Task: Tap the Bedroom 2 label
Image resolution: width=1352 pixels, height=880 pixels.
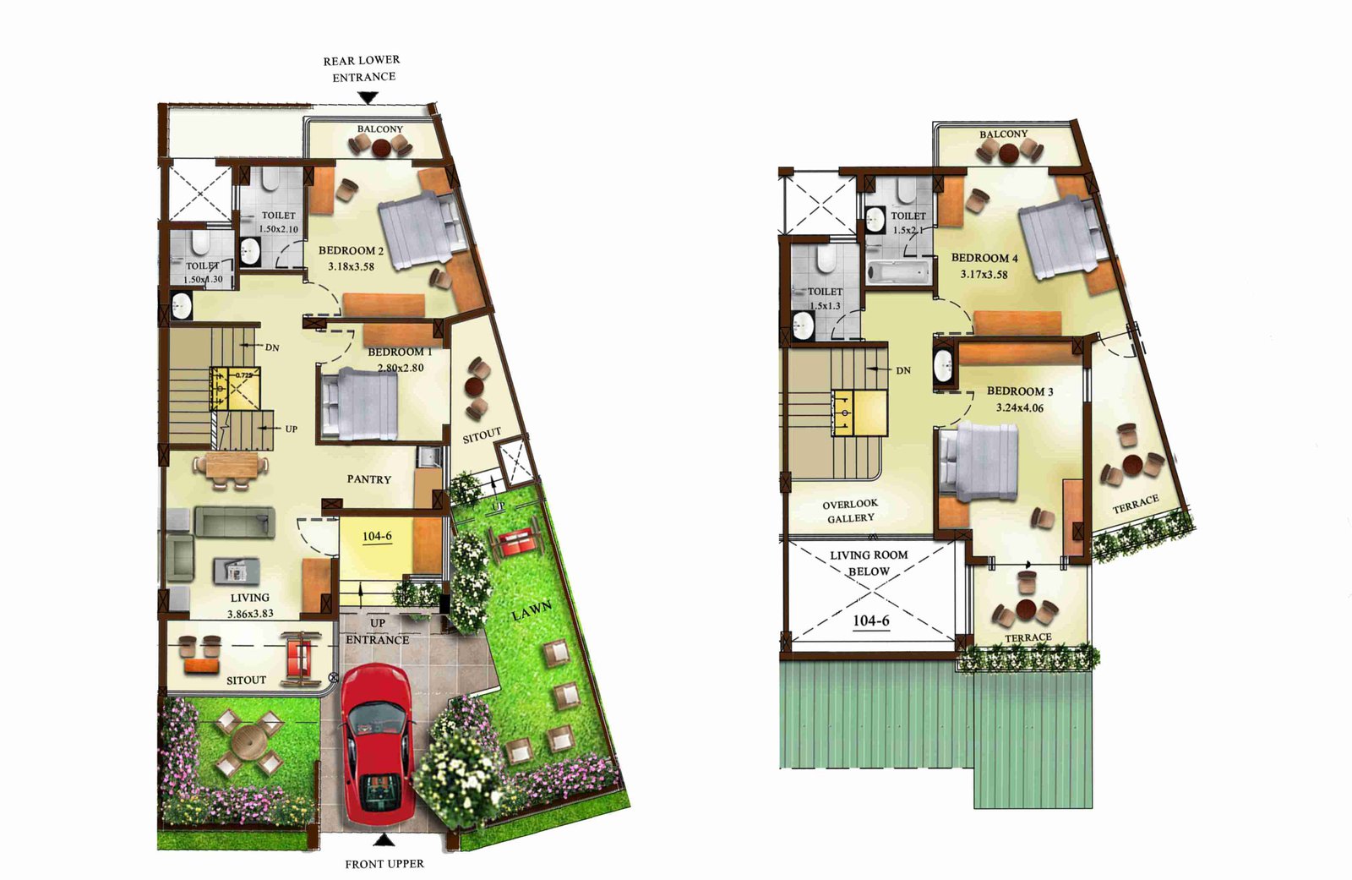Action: pyautogui.click(x=351, y=251)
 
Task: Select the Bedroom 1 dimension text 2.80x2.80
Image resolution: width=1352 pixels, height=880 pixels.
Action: pyautogui.click(x=401, y=367)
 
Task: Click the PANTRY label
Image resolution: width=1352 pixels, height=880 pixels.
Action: pyautogui.click(x=368, y=479)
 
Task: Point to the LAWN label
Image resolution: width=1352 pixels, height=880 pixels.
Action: pyautogui.click(x=532, y=610)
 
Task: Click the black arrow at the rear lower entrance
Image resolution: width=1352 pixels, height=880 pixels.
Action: pyautogui.click(x=368, y=97)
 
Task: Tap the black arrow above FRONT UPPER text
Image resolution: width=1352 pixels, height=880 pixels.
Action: pyautogui.click(x=384, y=840)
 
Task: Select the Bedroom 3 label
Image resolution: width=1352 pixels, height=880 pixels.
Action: pyautogui.click(x=1020, y=391)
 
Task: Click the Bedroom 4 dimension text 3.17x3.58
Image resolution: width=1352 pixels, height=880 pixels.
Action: pyautogui.click(x=984, y=274)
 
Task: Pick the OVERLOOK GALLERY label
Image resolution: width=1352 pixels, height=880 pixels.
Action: pyautogui.click(x=850, y=511)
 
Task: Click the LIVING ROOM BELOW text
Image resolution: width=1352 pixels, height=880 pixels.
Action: pyautogui.click(x=870, y=563)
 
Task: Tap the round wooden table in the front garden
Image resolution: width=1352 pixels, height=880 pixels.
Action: pyautogui.click(x=248, y=743)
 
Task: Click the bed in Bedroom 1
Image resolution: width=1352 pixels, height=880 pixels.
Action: pyautogui.click(x=359, y=403)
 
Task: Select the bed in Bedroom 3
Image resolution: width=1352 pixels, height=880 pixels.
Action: pyautogui.click(x=978, y=462)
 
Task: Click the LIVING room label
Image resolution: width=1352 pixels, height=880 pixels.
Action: pyautogui.click(x=250, y=598)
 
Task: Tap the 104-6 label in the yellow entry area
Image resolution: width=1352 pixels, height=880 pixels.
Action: pyautogui.click(x=377, y=536)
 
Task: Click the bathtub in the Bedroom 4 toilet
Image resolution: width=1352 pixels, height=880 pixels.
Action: pyautogui.click(x=898, y=272)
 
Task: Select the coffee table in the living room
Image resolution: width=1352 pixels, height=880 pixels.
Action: pyautogui.click(x=237, y=571)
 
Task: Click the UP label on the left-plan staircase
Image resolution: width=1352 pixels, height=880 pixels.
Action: pyautogui.click(x=291, y=429)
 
